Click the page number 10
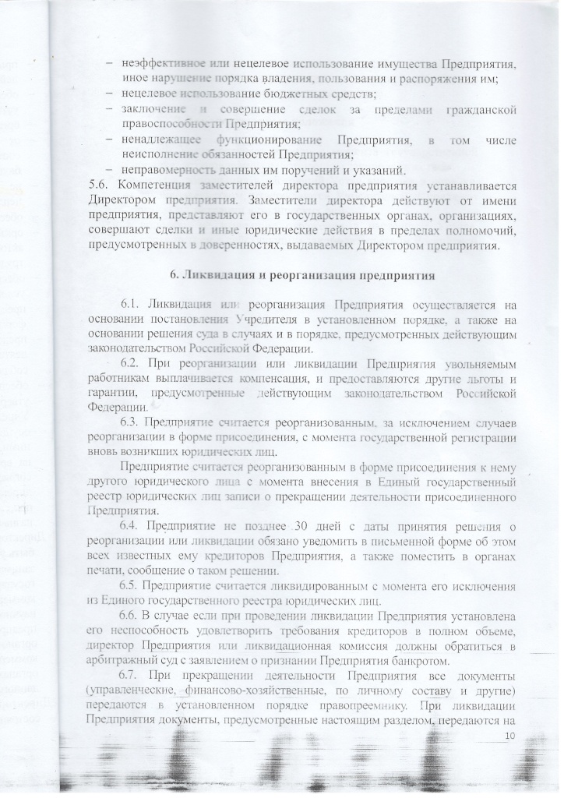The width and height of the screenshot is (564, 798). click(x=511, y=736)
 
